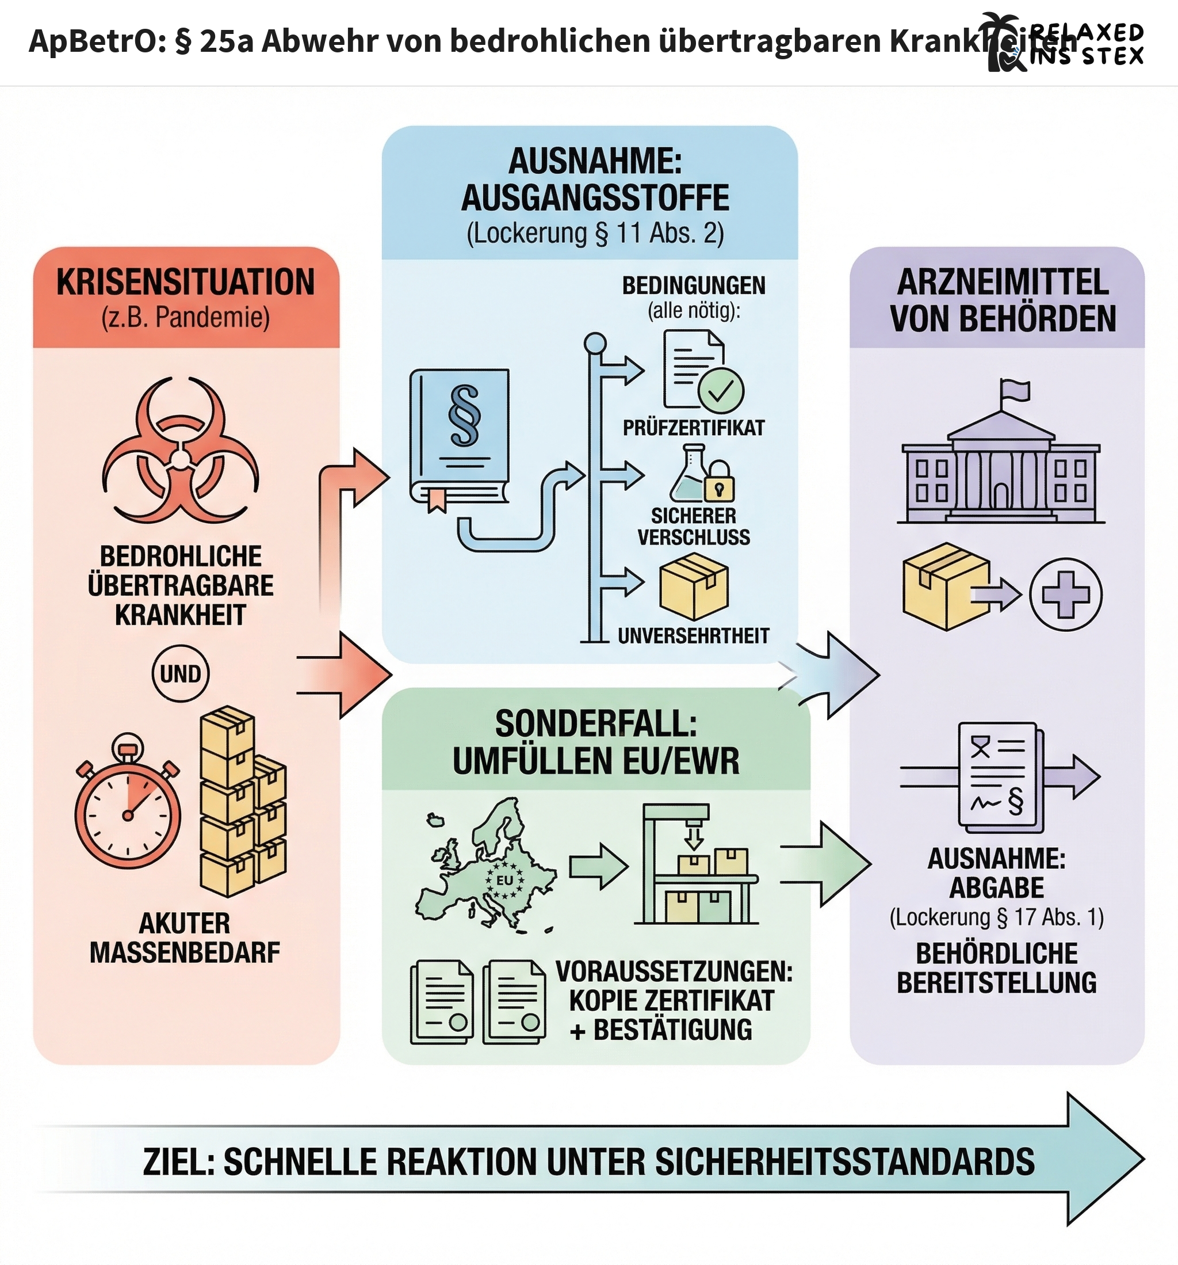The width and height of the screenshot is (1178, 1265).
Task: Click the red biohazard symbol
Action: click(x=181, y=452)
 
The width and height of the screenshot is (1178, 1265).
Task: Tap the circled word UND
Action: click(x=181, y=674)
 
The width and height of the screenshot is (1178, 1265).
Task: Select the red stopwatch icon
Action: click(x=128, y=805)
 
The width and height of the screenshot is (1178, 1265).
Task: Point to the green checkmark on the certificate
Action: click(x=721, y=391)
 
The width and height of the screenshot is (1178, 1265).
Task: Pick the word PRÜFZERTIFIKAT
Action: click(x=693, y=428)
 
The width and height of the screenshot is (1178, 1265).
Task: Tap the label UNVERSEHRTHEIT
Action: click(x=693, y=636)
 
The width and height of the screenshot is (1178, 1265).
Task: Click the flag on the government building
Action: click(x=1014, y=390)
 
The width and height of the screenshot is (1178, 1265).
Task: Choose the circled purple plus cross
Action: click(x=1065, y=595)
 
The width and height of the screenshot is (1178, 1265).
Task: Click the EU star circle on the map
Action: click(x=504, y=881)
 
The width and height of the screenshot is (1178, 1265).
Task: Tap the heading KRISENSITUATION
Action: click(x=186, y=283)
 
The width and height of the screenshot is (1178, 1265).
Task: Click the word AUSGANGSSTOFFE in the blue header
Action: click(x=595, y=198)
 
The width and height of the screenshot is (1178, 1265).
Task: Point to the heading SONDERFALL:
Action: click(x=595, y=724)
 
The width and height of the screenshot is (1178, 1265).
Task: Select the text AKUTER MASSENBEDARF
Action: click(x=185, y=938)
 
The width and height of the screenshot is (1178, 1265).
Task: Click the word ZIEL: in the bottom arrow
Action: click(x=178, y=1162)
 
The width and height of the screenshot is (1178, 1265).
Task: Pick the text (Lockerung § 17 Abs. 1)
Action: click(x=997, y=917)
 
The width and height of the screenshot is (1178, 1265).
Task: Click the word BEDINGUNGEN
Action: click(x=693, y=285)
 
